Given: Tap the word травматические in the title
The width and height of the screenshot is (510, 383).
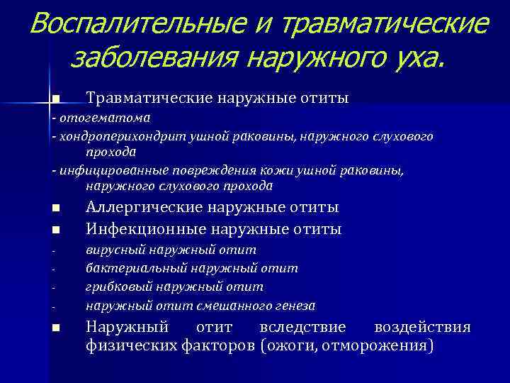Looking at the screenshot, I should point(385,23).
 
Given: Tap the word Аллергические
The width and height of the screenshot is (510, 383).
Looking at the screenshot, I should point(143,207).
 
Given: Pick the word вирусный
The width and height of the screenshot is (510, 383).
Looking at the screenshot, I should point(113,250).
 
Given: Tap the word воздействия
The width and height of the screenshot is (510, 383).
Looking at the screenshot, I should point(421,328).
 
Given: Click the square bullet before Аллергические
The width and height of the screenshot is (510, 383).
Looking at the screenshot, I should point(55,209).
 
